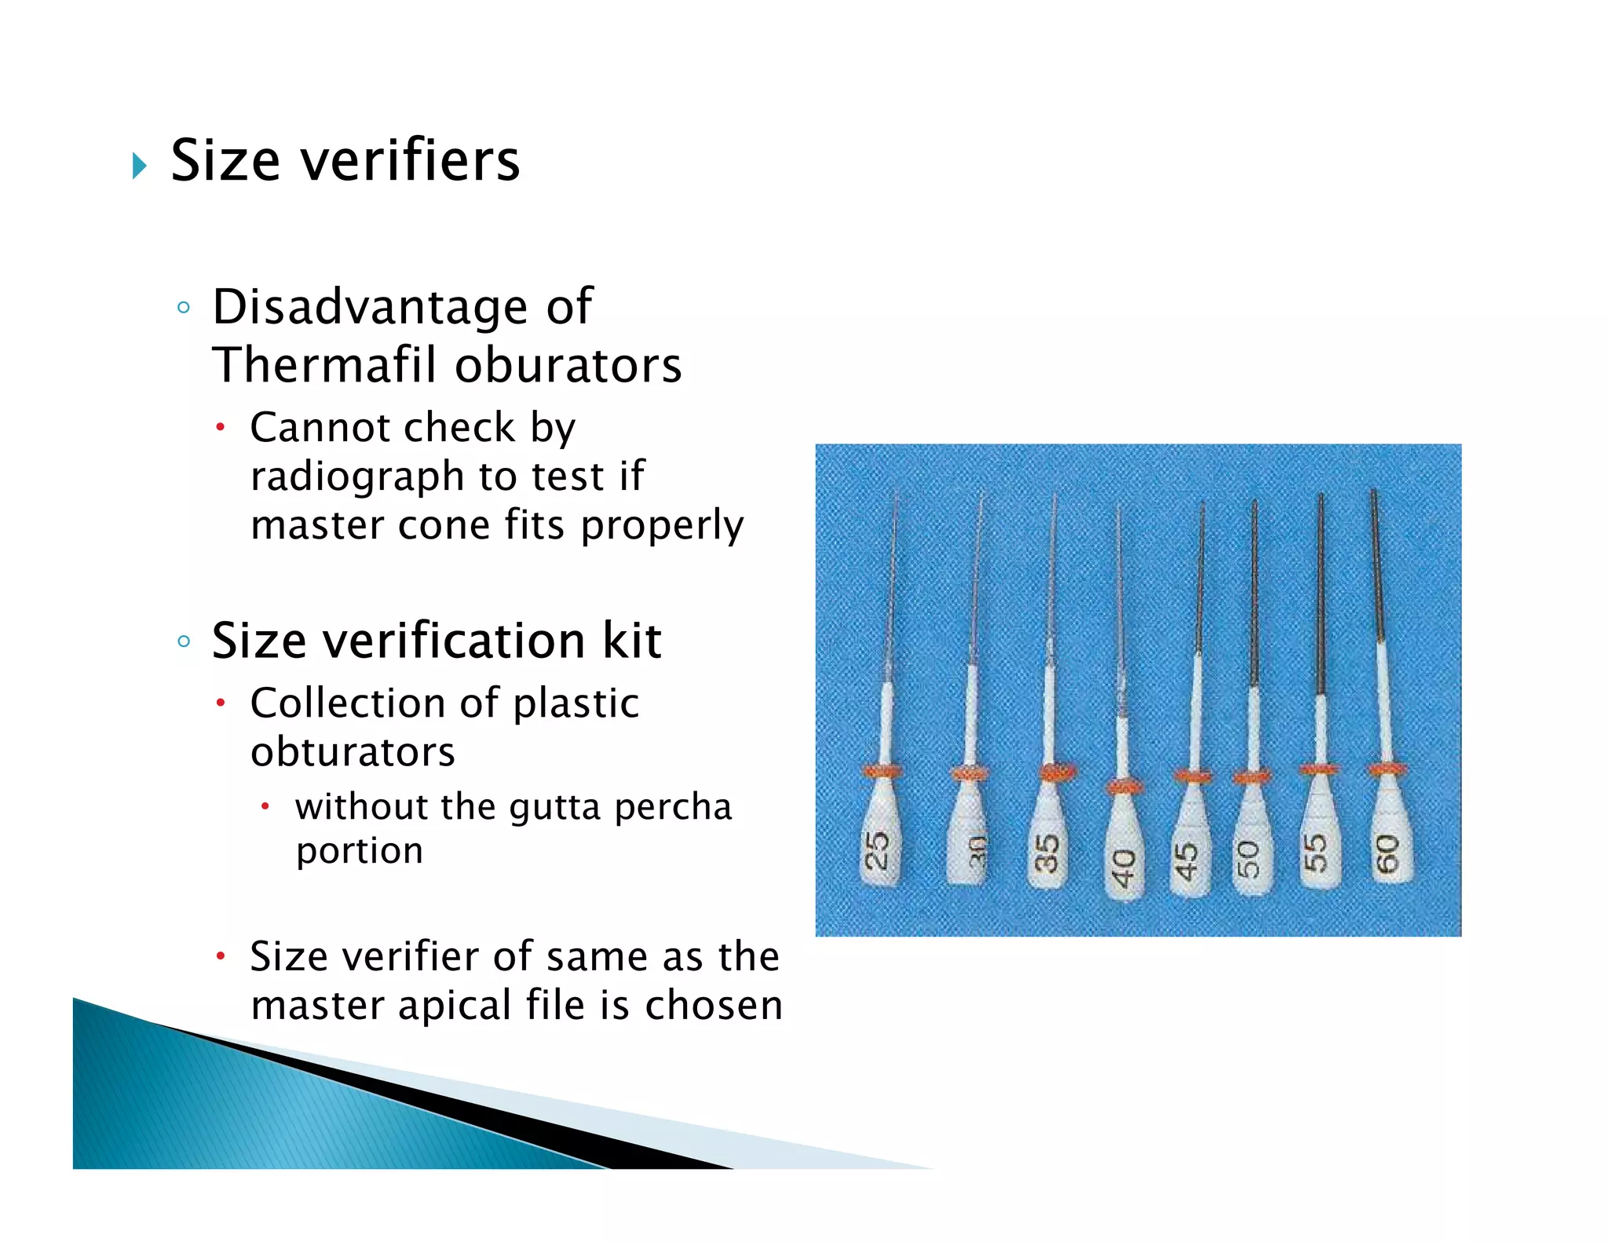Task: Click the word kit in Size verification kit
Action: pos(631,641)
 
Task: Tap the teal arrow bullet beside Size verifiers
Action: pos(140,165)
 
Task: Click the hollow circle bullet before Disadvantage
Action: pos(184,308)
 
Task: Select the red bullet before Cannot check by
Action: pos(221,428)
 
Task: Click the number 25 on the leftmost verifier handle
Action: pos(877,850)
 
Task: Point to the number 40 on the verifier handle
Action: pos(1124,868)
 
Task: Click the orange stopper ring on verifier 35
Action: pos(1057,773)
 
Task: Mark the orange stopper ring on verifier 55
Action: pos(1318,769)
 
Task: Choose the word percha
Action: pos(673,808)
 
